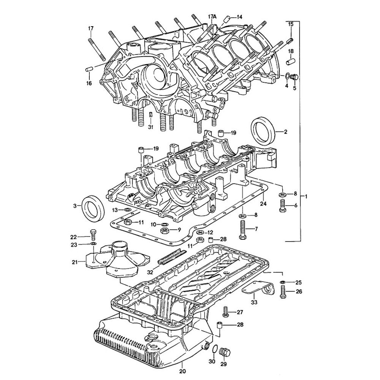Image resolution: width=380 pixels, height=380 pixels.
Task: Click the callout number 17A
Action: pyautogui.click(x=212, y=17)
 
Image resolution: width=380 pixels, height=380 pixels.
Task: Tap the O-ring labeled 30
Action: pyautogui.click(x=215, y=349)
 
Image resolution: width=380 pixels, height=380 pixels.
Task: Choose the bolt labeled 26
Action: pyautogui.click(x=283, y=292)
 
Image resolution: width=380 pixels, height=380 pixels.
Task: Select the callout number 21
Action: pyautogui.click(x=74, y=261)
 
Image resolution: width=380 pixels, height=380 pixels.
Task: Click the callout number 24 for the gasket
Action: pyautogui.click(x=264, y=204)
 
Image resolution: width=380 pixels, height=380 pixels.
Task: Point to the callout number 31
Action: pyautogui.click(x=151, y=127)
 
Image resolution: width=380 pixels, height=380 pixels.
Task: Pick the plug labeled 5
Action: pyautogui.click(x=294, y=78)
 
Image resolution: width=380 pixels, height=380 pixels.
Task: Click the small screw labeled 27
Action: pyautogui.click(x=225, y=312)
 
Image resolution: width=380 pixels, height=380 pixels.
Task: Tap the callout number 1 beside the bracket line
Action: pyautogui.click(x=307, y=196)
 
